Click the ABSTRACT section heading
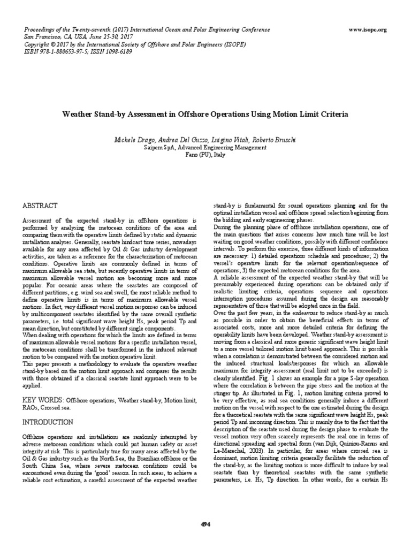39,205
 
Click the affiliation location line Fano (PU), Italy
205,154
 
